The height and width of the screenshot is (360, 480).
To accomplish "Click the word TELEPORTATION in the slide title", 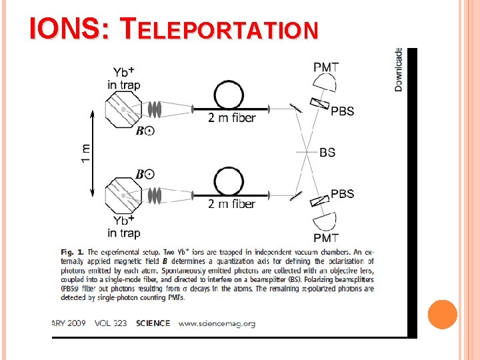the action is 220,29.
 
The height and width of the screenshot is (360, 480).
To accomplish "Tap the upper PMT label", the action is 326,67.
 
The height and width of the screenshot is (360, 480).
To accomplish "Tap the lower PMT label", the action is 326,237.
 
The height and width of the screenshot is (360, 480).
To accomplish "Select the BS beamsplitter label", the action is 327,153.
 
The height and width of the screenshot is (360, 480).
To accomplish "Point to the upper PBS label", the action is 342,111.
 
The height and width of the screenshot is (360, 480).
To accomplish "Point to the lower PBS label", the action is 342,194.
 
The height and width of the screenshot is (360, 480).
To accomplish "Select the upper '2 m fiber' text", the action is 231,119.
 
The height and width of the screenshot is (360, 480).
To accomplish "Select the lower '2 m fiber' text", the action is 231,204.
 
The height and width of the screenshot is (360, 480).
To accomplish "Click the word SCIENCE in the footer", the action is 153,323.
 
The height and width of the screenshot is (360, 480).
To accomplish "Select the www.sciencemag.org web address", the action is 217,323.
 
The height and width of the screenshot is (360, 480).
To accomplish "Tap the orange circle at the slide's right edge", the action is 443,315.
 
